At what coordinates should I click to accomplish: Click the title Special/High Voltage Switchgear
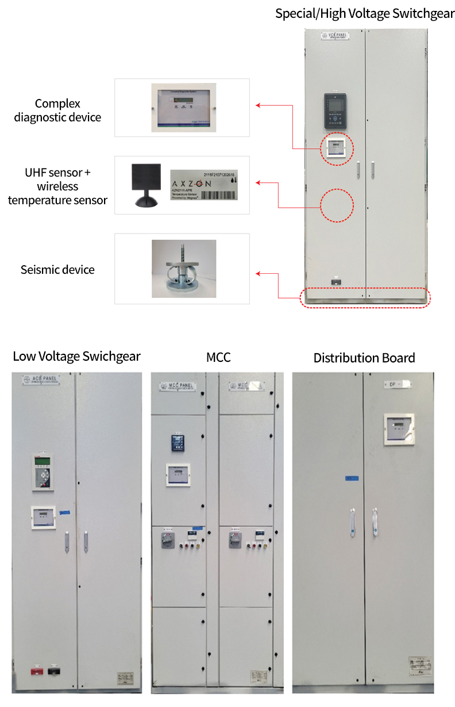(365, 13)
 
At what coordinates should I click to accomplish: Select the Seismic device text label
(57, 269)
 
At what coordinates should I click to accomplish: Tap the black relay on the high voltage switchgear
(336, 111)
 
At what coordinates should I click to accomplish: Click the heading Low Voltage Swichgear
(76, 356)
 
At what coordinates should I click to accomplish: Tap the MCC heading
(218, 357)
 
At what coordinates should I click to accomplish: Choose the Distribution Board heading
(364, 358)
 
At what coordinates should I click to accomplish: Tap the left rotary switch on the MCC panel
(168, 540)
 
